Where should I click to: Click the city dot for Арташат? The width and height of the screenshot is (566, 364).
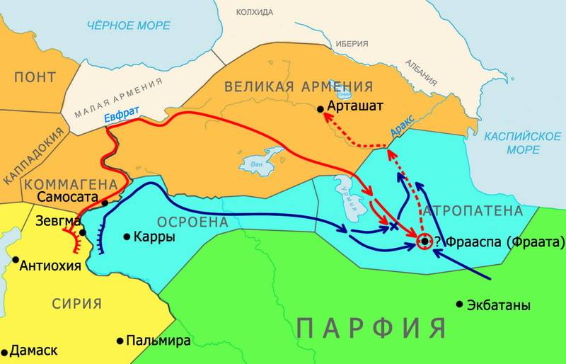tap(320, 108)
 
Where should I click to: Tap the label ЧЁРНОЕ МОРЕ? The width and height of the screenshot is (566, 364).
tap(128, 25)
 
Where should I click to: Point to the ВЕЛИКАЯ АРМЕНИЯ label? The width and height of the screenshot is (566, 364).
tap(298, 86)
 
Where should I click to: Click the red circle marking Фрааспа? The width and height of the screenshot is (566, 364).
tap(424, 241)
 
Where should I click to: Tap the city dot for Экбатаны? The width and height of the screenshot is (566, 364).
tap(459, 305)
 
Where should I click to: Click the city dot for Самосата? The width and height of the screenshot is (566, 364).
tap(105, 203)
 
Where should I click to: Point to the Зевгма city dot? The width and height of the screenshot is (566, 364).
tap(83, 232)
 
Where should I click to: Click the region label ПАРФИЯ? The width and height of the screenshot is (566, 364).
tap(371, 327)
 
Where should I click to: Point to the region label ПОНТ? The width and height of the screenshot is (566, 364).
tap(35, 76)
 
